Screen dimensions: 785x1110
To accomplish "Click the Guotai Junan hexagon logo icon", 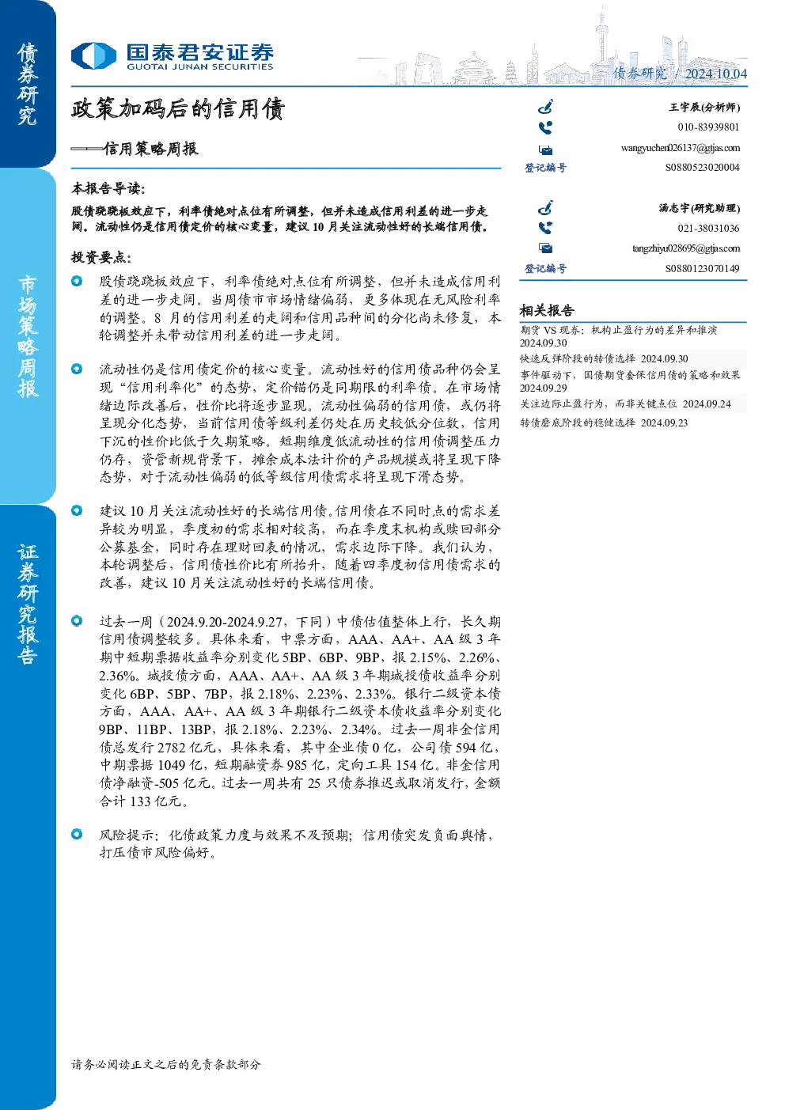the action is [93, 55].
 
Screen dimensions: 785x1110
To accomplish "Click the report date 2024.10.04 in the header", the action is [716, 74].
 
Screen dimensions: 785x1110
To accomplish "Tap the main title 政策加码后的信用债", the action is [178, 109].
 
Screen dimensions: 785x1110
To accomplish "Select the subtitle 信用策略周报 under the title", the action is [150, 149].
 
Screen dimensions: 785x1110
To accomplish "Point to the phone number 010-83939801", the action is [708, 127].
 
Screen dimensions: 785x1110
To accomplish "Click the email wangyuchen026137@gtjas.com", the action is [680, 148].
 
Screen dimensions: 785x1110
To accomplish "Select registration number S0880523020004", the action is [702, 168].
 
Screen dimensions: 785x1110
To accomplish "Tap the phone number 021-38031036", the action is [708, 229].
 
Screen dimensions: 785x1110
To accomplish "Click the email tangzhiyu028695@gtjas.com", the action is [686, 248].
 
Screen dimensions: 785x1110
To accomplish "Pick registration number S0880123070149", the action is [702, 268].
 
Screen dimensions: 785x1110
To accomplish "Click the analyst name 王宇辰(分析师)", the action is [704, 107].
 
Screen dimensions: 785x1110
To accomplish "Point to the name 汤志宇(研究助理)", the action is [700, 208].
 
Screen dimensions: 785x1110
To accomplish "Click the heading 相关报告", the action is [547, 311].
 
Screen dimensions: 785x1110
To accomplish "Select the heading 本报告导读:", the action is [108, 189].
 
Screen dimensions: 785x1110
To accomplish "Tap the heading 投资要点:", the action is [101, 258].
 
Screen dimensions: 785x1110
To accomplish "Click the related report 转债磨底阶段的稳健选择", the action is [578, 422].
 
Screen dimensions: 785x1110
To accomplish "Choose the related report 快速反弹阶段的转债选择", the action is [578, 358].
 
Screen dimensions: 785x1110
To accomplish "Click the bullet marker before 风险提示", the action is [77, 834].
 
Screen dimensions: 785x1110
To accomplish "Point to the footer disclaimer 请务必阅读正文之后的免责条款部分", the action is [166, 1064].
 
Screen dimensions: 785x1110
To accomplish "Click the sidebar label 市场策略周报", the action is [28, 337].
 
